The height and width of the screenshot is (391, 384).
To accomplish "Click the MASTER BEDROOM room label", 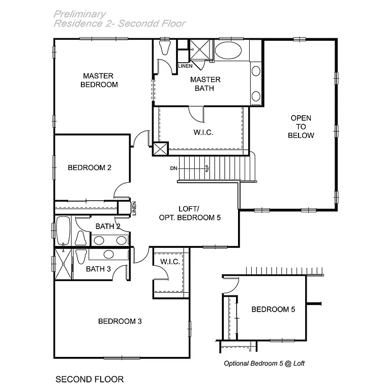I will click(x=99, y=80).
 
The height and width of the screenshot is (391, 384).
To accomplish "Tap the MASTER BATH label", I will click(x=205, y=83).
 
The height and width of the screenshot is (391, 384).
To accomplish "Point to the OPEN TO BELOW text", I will click(x=301, y=127).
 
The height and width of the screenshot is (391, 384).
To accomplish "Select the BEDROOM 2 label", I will click(x=90, y=167).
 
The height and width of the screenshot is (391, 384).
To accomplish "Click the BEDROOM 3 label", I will click(x=120, y=321).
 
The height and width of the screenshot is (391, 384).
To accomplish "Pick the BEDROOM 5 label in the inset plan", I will click(x=273, y=309).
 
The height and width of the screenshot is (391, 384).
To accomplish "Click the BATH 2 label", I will click(x=108, y=227).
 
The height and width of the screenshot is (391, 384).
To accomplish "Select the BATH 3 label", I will click(x=98, y=269).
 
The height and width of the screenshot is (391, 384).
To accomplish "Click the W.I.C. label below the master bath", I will click(x=203, y=132).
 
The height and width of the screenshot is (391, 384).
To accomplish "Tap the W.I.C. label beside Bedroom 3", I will click(x=168, y=262).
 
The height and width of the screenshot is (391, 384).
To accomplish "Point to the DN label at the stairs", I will click(x=174, y=169).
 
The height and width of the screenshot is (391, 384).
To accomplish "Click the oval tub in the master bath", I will click(x=228, y=51).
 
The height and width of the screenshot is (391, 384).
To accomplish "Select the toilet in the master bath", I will click(x=164, y=48).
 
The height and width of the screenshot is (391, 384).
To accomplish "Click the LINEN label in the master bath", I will click(x=185, y=66).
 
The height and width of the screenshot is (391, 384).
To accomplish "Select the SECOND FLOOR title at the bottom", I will click(x=89, y=379).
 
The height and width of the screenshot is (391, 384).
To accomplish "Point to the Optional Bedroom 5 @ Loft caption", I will click(x=264, y=364).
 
